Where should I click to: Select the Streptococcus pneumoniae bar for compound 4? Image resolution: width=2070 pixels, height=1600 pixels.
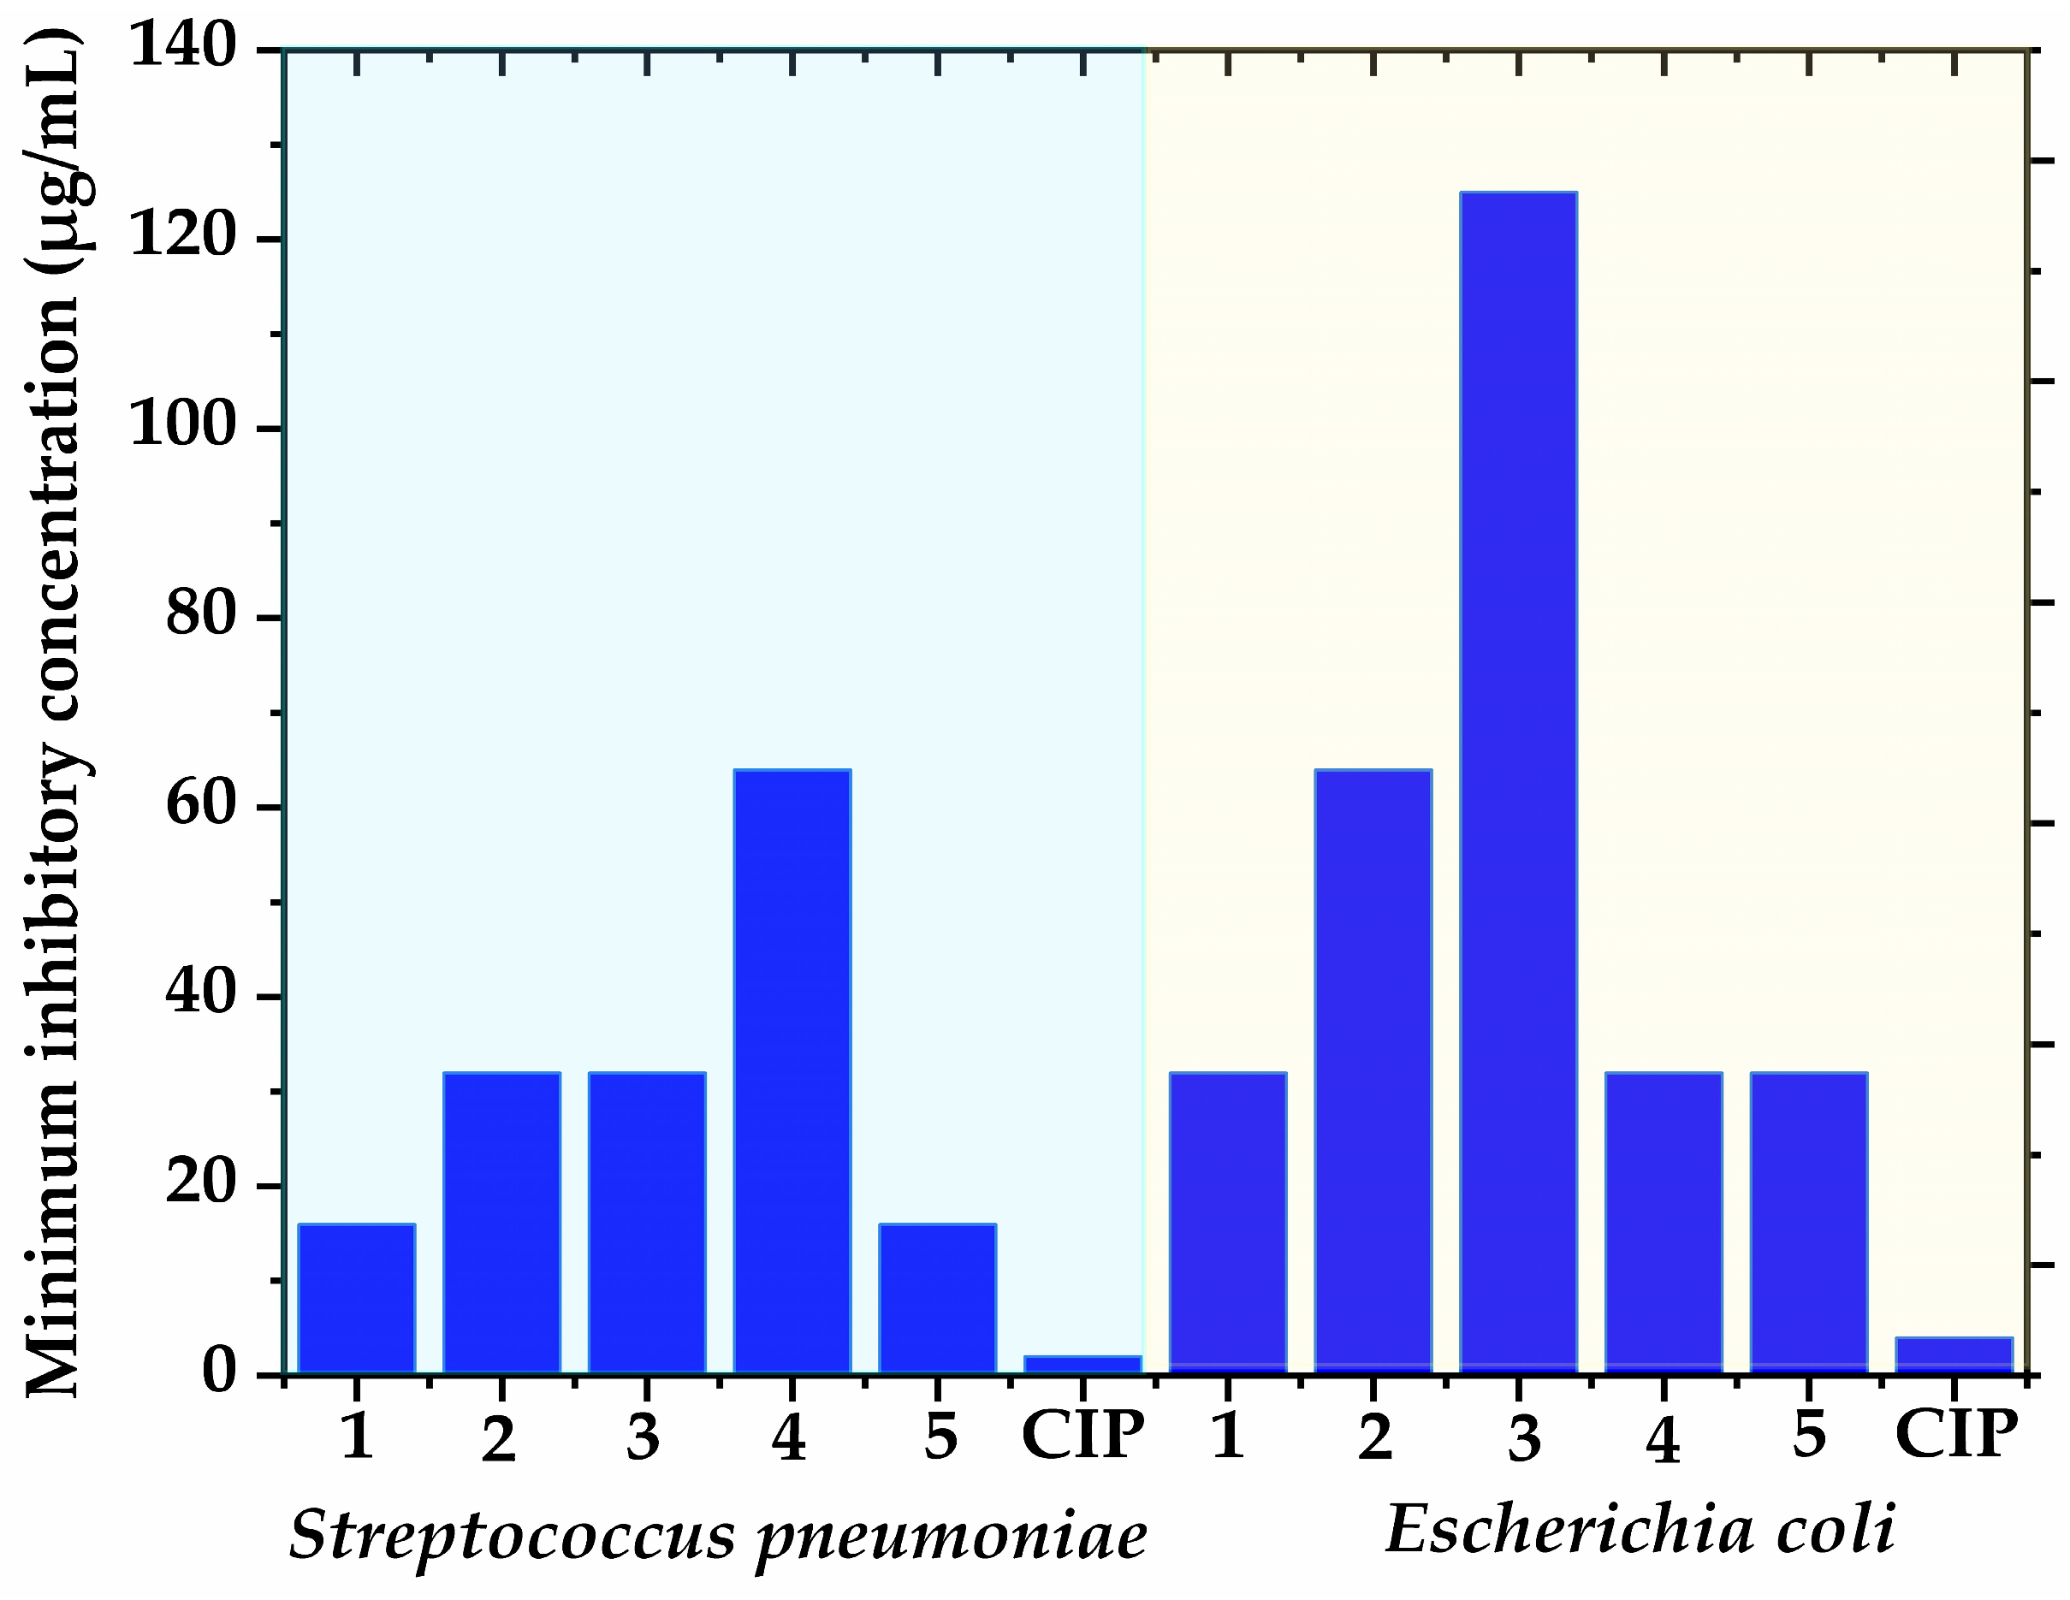pos(792,1071)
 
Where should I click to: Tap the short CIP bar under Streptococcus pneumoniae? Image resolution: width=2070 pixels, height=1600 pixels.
pos(1082,1364)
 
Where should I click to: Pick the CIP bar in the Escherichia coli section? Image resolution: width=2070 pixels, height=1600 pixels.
pos(1954,1354)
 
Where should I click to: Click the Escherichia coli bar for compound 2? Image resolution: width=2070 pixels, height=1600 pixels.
pos(1373,1071)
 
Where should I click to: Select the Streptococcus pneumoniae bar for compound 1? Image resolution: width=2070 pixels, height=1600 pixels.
pos(356,1299)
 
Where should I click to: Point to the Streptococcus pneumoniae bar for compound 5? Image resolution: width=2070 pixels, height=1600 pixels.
pos(937,1299)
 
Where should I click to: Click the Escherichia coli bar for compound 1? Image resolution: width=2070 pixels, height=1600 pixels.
pos(1228,1223)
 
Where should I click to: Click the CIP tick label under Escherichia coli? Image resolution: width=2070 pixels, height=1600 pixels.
pos(1955,1433)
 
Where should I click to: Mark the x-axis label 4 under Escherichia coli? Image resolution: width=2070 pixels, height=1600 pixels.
pos(1663,1441)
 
